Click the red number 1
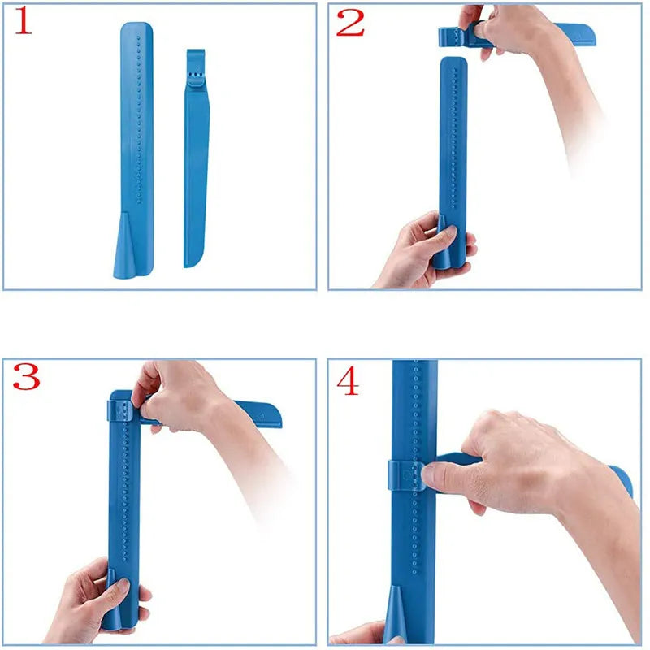tap(24, 23)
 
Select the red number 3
tap(26, 377)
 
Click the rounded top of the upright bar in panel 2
tap(453, 63)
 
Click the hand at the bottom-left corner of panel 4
tap(357, 634)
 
